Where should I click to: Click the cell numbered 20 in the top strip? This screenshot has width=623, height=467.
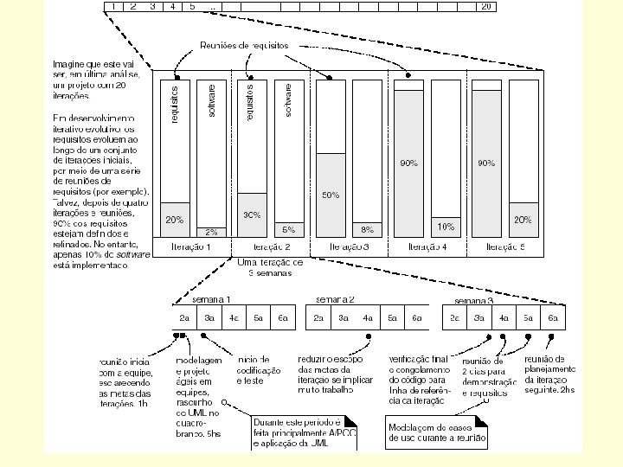(x=486, y=6)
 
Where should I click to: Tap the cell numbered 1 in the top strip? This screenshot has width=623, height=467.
(x=113, y=6)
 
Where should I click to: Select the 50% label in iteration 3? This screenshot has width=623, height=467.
(x=330, y=195)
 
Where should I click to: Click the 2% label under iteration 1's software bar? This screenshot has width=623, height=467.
(x=211, y=232)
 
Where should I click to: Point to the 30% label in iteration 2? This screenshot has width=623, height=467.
(x=252, y=214)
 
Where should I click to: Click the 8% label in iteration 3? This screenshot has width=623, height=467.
(x=367, y=230)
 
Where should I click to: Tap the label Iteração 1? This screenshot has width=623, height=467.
(x=190, y=246)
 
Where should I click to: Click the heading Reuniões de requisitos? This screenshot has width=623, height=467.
(x=243, y=45)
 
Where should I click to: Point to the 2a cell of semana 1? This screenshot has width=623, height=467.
(x=184, y=318)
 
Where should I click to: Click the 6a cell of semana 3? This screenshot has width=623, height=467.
(x=552, y=318)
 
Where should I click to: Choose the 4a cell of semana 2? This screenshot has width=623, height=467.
(x=368, y=318)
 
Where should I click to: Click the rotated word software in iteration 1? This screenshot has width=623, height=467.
(x=213, y=99)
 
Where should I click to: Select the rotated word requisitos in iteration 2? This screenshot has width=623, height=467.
(x=251, y=101)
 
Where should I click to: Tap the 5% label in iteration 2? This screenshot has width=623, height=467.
(x=288, y=230)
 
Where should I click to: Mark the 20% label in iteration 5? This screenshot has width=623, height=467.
(x=523, y=221)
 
